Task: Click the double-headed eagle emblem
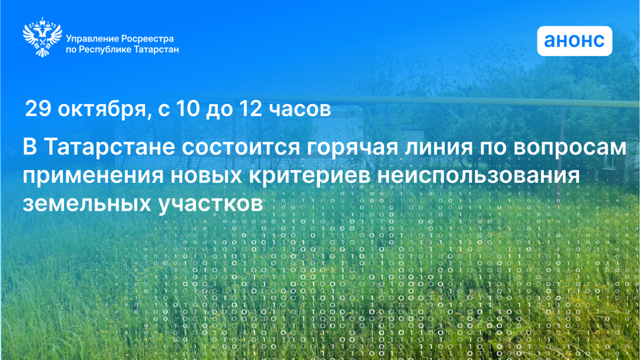tap(42, 37)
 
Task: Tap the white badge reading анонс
tap(574, 41)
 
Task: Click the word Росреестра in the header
tap(147, 38)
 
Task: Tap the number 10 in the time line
tap(188, 108)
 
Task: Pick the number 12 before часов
tap(250, 108)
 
